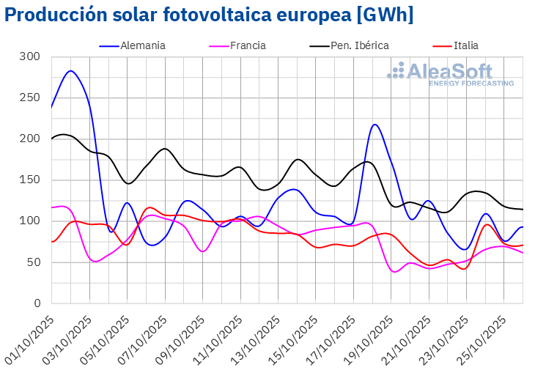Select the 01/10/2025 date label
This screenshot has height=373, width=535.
tap(30, 333)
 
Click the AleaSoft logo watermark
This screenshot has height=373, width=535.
tap(450, 74)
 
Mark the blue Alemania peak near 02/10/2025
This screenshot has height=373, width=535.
tap(70, 71)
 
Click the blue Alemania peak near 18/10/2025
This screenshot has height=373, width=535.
tap(374, 125)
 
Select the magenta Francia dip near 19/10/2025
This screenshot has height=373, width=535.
tap(395, 272)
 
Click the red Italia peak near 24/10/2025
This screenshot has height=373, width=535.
tap(487, 224)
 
